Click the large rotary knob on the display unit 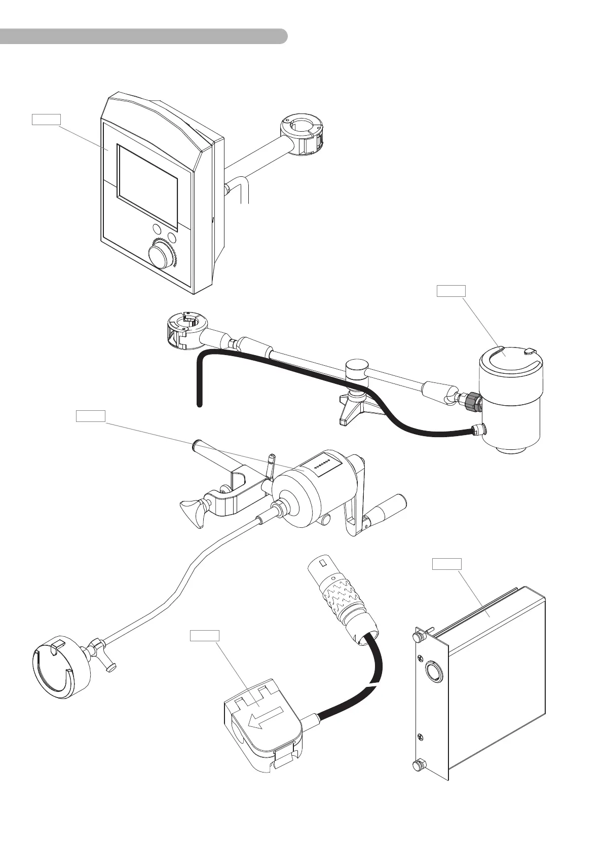(161, 255)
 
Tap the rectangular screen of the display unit (147, 186)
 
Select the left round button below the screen (157, 229)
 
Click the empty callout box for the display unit (46, 120)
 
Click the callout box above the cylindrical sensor (451, 291)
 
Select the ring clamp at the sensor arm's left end (184, 331)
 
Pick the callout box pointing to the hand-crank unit (91, 416)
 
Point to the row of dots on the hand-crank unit (322, 463)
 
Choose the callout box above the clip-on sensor (205, 635)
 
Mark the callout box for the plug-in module (447, 564)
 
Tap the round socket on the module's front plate (434, 671)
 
